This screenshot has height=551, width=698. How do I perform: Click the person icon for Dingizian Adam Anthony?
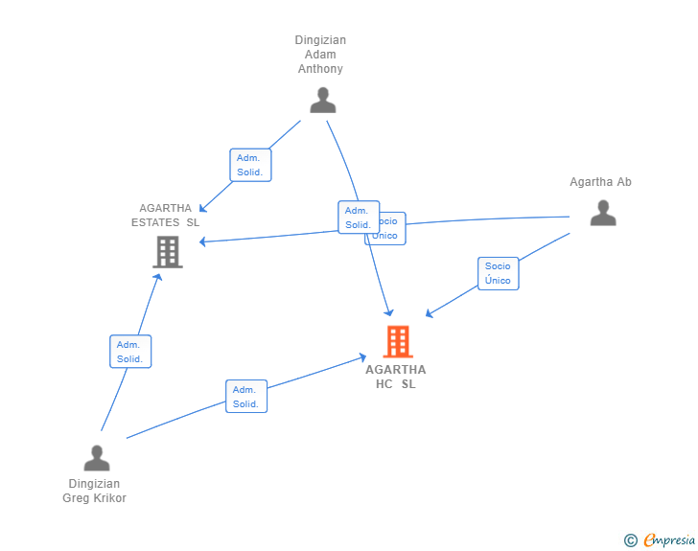tap(323, 101)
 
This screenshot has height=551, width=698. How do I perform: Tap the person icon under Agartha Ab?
tap(602, 213)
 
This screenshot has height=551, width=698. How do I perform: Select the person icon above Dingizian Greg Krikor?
tap(97, 458)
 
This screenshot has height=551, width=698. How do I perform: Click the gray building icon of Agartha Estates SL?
tap(168, 251)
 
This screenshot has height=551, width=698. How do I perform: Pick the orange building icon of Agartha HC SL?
tap(398, 341)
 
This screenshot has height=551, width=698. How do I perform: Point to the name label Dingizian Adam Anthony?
tap(320, 55)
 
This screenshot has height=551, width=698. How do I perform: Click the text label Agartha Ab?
tap(600, 182)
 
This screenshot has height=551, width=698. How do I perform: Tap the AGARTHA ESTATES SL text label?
tap(166, 216)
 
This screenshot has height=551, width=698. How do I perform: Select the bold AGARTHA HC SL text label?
tap(396, 377)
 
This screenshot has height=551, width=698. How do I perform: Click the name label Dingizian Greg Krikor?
tap(95, 491)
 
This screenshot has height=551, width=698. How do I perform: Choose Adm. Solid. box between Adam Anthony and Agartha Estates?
tap(252, 165)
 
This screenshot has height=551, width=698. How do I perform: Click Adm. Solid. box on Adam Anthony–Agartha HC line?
tap(357, 218)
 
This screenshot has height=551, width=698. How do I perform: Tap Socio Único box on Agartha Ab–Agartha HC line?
tap(498, 273)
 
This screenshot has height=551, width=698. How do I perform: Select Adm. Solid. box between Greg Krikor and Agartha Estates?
tap(130, 352)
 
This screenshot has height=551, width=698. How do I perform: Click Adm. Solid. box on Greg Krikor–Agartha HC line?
tap(246, 397)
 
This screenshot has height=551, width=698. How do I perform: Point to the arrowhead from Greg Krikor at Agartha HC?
tap(362, 356)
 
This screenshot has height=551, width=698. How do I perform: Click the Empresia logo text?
tap(669, 540)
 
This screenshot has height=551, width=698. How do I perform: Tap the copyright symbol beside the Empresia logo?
tap(630, 540)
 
